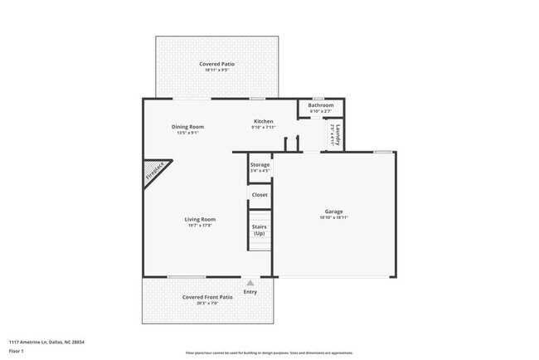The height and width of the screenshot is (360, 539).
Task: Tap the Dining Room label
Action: (187, 127)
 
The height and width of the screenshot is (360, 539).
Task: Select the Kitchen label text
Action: (263, 122)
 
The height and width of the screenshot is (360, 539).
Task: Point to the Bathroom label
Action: (321, 105)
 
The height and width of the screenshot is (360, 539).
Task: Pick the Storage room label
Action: (260, 165)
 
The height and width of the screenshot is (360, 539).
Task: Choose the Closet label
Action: (260, 195)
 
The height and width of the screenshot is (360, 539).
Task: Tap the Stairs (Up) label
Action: (260, 230)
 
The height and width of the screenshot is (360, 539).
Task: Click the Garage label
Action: (334, 212)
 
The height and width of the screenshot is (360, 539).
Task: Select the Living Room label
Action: (200, 219)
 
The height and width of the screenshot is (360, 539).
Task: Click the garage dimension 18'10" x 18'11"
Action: (334, 217)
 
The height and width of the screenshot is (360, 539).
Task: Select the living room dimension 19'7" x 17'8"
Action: (200, 225)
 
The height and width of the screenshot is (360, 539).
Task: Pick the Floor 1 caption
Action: (17, 351)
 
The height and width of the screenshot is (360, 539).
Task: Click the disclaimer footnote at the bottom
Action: (269, 353)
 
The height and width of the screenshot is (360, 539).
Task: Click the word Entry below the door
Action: (250, 291)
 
